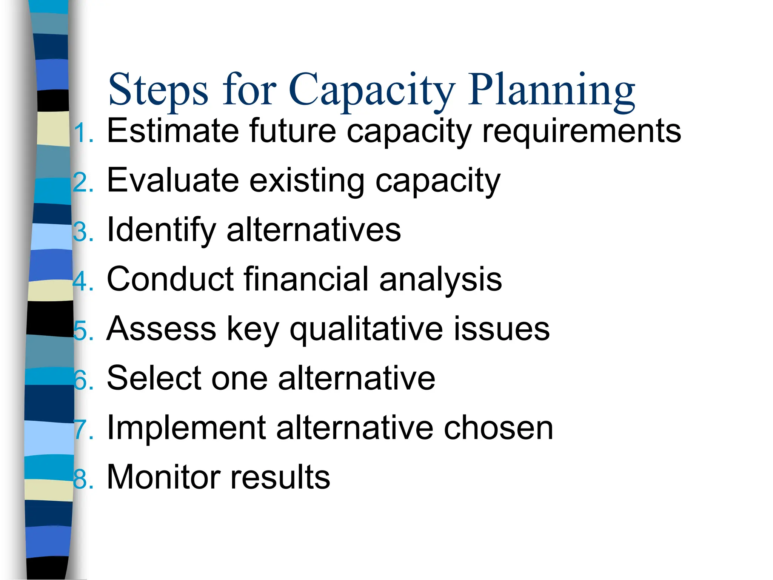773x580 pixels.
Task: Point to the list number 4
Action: click(81, 282)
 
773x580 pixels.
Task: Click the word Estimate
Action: click(173, 131)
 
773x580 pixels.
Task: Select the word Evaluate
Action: click(173, 180)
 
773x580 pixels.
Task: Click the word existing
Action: click(307, 181)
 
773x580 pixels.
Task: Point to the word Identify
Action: click(162, 230)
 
